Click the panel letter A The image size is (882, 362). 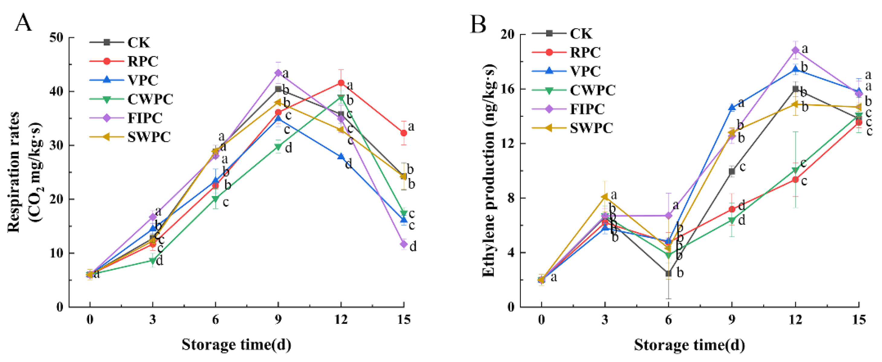23,23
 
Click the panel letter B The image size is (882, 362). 478,24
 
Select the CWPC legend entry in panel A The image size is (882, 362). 150,99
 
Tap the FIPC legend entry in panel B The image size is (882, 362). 587,109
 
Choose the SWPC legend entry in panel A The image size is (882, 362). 149,137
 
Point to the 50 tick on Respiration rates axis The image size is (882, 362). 57,38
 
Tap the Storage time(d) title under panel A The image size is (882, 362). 236,344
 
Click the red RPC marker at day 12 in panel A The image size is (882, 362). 341,83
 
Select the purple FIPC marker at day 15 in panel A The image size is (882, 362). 404,244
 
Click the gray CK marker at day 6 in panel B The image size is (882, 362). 668,273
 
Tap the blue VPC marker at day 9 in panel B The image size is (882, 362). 732,107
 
